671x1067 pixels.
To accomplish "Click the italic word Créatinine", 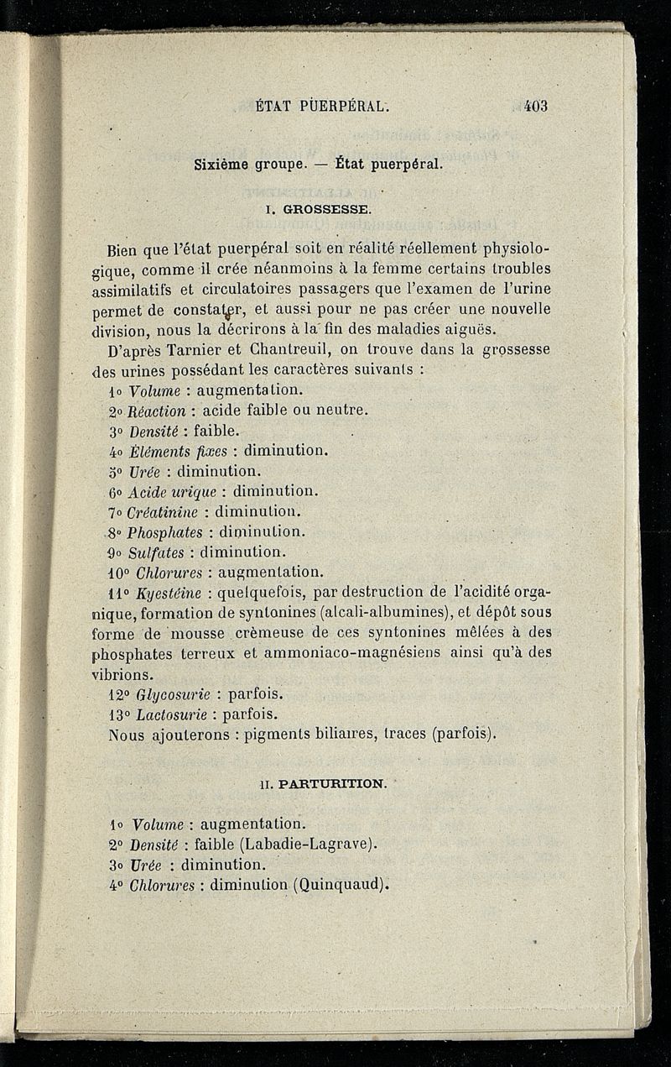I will [164, 512].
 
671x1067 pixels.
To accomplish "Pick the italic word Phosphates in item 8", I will [164, 532].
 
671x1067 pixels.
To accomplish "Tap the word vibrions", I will [122, 674].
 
